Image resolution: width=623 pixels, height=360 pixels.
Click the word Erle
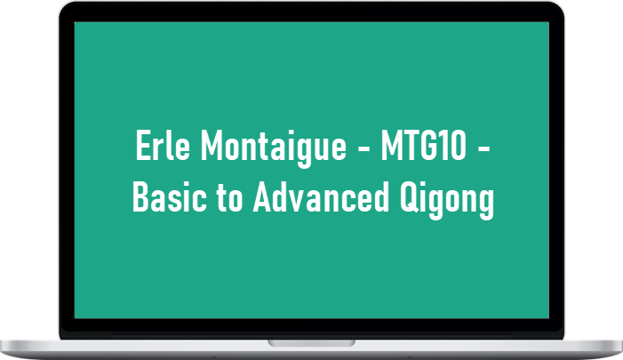point(163,145)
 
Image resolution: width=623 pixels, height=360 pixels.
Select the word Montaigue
point(274,148)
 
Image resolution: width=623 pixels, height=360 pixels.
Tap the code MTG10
point(424,146)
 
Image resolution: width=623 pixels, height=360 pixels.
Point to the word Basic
point(170,196)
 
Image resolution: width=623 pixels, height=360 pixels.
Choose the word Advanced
point(321,196)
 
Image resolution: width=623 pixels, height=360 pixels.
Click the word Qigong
point(447,200)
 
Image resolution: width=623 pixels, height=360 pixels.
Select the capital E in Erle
point(142,145)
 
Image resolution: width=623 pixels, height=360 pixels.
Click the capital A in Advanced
point(263,196)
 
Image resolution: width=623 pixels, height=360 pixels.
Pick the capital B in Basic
point(141,196)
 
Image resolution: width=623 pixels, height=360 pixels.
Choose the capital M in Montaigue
point(211,145)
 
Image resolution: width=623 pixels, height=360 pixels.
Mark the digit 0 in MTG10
point(458,146)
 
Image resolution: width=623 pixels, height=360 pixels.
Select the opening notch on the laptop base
point(311,343)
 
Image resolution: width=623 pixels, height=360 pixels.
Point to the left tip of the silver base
point(1,344)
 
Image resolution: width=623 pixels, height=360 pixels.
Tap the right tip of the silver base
point(622,344)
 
